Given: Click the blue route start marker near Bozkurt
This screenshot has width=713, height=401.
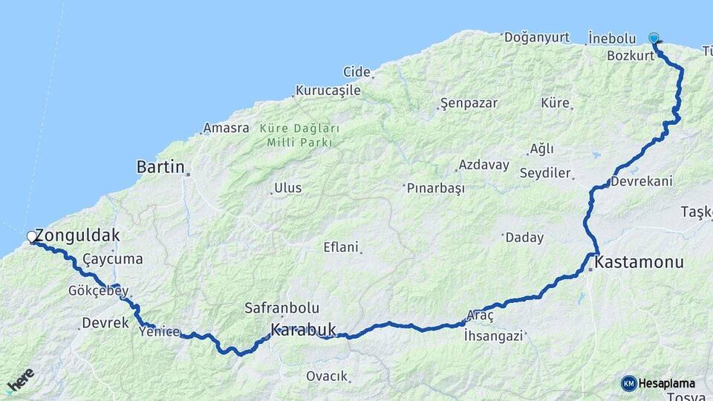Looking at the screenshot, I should coord(654,38).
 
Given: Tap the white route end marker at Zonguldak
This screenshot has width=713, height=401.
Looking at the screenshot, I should coord(32,237).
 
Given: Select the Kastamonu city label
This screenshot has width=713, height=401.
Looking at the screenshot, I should coord(639,262).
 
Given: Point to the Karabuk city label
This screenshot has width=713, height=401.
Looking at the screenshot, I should coord(303,329).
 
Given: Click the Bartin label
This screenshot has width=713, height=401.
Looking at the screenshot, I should coord(160,167).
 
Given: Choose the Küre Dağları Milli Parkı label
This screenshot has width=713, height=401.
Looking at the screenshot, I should coord(300,134).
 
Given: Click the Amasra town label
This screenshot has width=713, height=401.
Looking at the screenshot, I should coord(227,128).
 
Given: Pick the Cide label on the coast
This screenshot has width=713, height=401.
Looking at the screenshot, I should coord(356,72).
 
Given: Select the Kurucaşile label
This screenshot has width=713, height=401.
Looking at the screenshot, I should coord(328,91).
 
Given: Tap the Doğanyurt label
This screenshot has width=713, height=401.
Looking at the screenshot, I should coord(537,37).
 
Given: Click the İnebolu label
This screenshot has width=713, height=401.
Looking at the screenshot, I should coord(612,38).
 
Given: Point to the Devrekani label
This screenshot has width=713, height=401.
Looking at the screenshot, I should coord(642,181).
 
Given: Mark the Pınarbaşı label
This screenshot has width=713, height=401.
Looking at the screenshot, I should coord(436,188).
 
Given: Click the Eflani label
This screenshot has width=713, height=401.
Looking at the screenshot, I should coord(341,247).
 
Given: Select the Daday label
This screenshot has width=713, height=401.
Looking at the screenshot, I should coord(524,238).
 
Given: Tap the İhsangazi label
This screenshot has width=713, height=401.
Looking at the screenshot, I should coord(494,336).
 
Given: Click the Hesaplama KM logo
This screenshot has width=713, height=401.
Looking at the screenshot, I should coord(658,383).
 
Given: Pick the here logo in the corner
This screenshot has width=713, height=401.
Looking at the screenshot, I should coord(20,380).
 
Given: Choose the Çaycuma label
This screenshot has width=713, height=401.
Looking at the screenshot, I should coord(112,259).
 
